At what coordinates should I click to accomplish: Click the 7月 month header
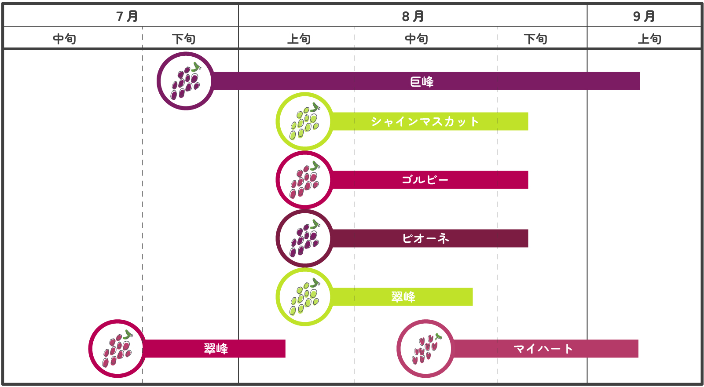(127, 16)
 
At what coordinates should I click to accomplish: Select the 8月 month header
(413, 16)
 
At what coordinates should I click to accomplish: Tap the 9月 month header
(644, 16)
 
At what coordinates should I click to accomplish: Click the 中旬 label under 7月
(64, 39)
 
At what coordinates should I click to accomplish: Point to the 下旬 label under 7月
(184, 39)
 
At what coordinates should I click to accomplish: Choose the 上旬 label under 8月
(299, 39)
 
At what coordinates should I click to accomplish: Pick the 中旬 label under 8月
(416, 39)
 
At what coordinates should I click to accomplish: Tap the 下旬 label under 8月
(535, 39)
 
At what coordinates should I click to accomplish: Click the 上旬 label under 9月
(649, 39)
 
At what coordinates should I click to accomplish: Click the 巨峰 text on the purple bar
(422, 82)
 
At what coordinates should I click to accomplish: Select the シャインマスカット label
(425, 121)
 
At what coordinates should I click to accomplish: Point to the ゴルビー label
(425, 180)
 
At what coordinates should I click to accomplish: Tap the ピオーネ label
(425, 238)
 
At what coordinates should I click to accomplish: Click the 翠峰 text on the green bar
(403, 297)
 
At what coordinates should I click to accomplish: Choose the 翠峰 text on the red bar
(216, 349)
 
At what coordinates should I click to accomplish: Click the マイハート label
(543, 349)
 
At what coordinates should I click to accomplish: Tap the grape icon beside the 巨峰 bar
(186, 81)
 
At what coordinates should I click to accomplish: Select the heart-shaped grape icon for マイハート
(425, 349)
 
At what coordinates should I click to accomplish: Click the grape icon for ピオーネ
(304, 238)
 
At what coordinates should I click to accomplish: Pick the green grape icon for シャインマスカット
(304, 121)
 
